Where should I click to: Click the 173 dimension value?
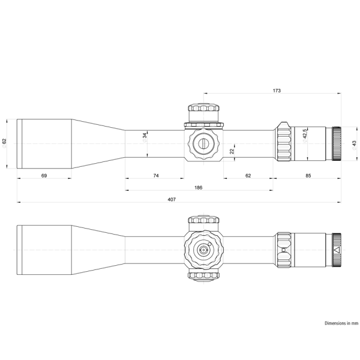pos(276,91)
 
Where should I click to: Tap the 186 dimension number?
pos(198,188)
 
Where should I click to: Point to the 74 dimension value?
pos(155,176)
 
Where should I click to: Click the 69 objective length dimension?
pos(44,176)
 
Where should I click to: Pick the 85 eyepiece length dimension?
pos(307,176)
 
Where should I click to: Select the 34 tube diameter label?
pos(145,136)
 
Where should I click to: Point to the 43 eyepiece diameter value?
pos(354,143)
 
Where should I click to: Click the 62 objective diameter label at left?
pos(5,142)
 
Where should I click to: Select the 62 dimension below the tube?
pos(248,176)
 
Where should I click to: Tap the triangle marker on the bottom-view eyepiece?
pos(336,250)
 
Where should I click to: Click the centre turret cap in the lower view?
pos(203,249)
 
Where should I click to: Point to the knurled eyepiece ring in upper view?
pos(337,143)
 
